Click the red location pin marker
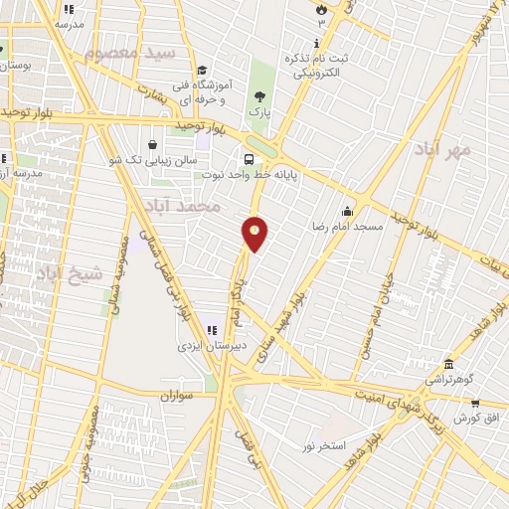[x=255, y=233]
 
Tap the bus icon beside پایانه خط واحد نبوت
[x=249, y=158]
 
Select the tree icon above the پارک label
[x=259, y=96]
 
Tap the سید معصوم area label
[x=129, y=53]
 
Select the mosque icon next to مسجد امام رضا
[x=347, y=211]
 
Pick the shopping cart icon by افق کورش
[x=475, y=404]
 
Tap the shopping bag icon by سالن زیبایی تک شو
[x=151, y=143]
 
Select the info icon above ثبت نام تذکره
[x=316, y=43]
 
